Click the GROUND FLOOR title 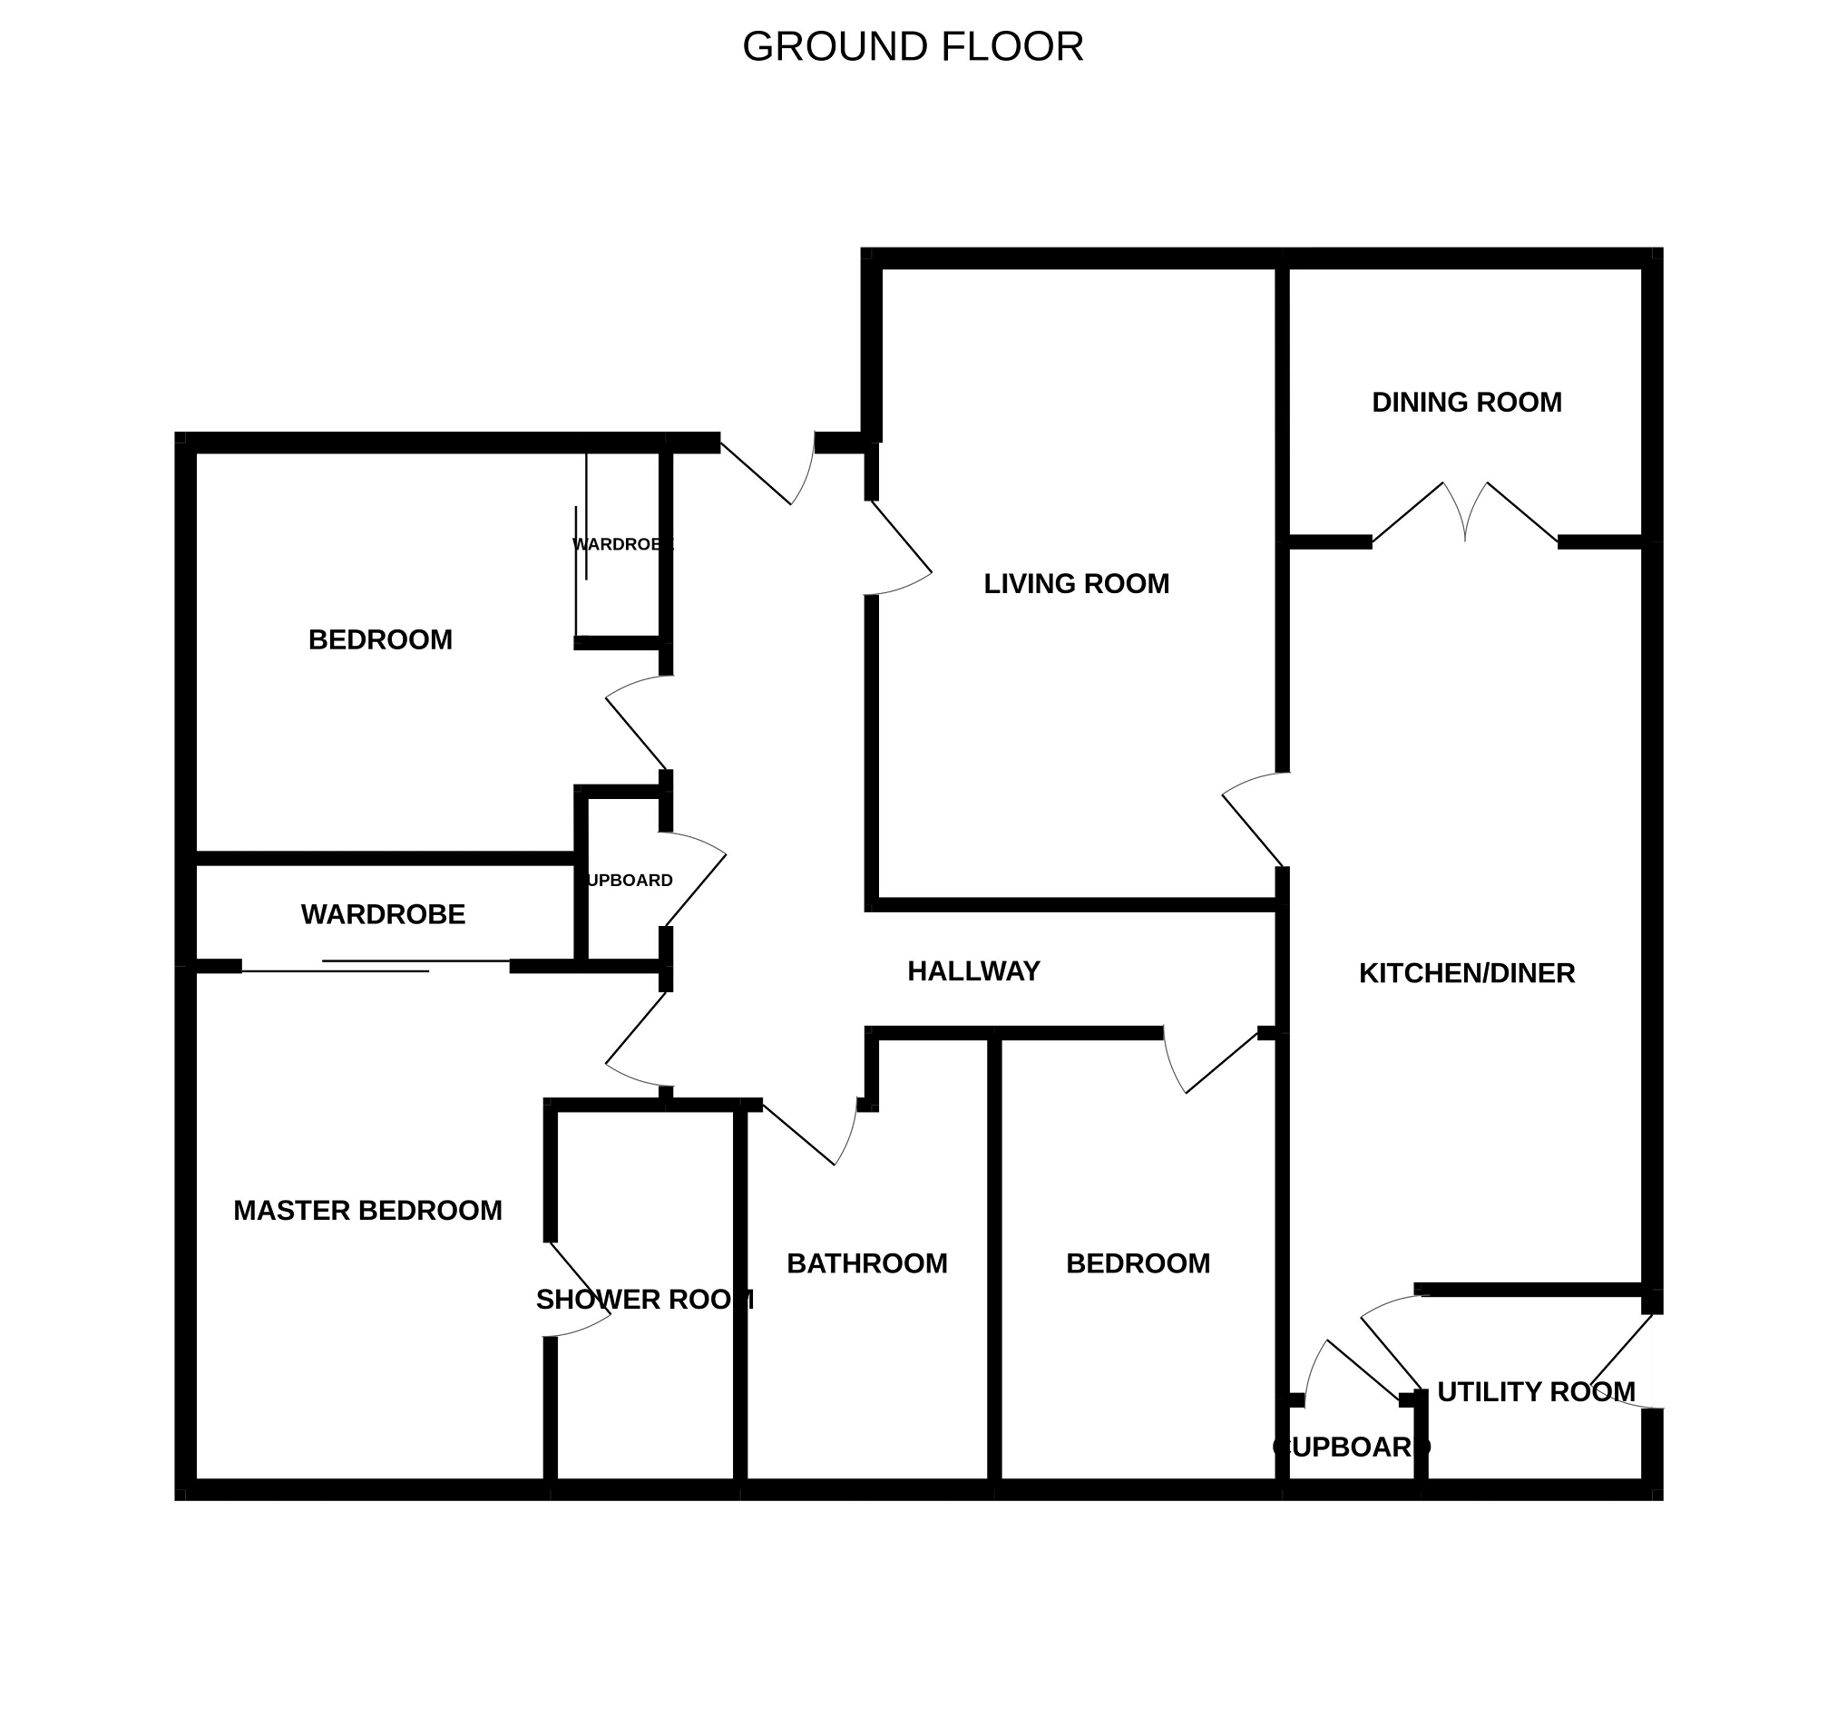[x=912, y=47]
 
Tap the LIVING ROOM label [x=1076, y=584]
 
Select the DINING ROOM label [x=1466, y=403]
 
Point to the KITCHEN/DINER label [x=1466, y=973]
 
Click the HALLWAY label [x=973, y=971]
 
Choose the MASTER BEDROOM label [x=366, y=1211]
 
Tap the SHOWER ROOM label [x=644, y=1300]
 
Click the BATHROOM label [x=865, y=1263]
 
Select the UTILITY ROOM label [x=1535, y=1391]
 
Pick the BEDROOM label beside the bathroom [x=1138, y=1263]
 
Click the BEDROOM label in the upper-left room [x=380, y=639]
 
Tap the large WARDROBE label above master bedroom [x=383, y=915]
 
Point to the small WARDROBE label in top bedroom [x=622, y=544]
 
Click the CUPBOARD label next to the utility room [x=1350, y=1447]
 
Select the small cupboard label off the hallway [x=629, y=881]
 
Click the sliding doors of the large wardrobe [x=376, y=967]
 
